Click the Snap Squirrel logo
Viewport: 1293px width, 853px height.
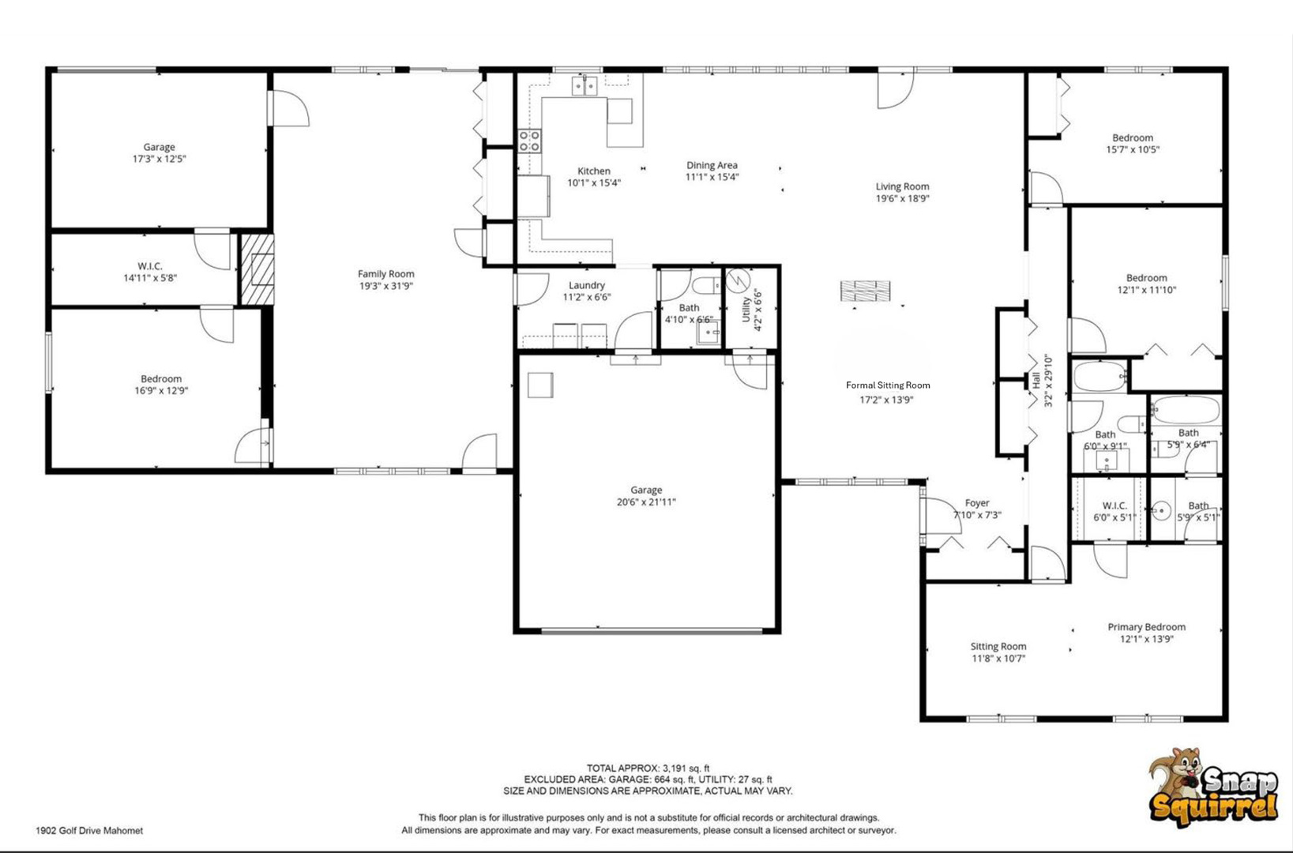1212,787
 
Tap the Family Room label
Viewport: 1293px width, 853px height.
385,274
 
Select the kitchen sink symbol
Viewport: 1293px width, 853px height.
584,85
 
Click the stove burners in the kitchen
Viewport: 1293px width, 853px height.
529,141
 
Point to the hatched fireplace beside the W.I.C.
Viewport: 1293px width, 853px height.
257,269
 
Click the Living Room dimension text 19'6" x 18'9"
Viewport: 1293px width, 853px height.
902,198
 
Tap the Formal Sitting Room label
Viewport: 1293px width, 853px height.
888,385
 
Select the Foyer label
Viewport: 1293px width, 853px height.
977,503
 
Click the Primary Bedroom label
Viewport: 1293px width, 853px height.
1146,627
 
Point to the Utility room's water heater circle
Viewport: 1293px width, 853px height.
737,281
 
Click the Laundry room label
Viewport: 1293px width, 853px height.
586,285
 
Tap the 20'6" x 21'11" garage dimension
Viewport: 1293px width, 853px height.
646,502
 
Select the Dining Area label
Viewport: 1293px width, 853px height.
712,165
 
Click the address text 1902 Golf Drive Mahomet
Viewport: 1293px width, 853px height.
89,831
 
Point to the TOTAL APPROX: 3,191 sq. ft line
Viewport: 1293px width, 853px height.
648,768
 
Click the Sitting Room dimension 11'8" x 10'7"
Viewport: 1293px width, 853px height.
998,659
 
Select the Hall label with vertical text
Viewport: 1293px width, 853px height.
1036,381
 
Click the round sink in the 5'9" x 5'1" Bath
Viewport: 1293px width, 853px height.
1160,510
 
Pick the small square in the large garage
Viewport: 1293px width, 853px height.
540,385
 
